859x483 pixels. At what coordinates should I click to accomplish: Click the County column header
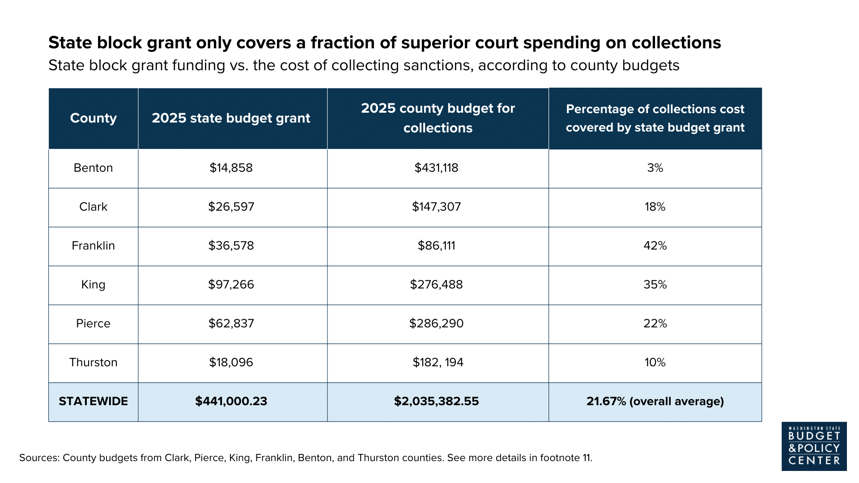tap(93, 118)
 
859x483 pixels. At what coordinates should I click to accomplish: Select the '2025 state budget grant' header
tap(231, 118)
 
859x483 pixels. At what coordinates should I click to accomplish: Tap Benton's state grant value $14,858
tap(231, 168)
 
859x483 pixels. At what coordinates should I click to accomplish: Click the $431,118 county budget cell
tap(436, 168)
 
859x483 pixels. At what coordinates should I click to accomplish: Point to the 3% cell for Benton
tap(655, 168)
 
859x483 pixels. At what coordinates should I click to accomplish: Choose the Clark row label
tap(93, 207)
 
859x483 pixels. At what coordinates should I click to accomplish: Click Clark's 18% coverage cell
tap(655, 207)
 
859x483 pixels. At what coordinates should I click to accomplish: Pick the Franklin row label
tap(93, 246)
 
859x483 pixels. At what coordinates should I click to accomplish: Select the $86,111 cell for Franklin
tap(436, 246)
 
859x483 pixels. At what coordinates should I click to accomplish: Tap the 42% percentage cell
tap(655, 246)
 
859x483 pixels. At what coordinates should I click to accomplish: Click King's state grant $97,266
tap(231, 284)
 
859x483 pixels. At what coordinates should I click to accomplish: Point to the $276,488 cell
tap(436, 284)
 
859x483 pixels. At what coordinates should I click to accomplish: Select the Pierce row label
tap(93, 323)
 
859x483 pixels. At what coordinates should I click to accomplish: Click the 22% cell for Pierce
tap(655, 323)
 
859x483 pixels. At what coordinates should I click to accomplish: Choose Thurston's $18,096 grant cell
tap(231, 362)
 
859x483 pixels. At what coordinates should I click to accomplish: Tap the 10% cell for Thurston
tap(655, 362)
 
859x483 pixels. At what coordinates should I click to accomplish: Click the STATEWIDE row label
tap(93, 401)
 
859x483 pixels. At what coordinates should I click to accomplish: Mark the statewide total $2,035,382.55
tap(436, 401)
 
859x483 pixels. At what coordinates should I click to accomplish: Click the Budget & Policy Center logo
tap(814, 446)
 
